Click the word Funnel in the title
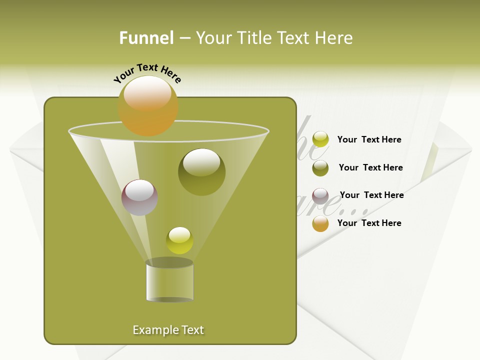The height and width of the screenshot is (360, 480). [146, 38]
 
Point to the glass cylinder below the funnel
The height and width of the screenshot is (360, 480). [169, 282]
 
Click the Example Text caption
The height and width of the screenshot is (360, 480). [168, 330]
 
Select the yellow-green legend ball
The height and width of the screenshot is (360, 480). [320, 139]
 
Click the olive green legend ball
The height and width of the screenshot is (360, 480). [320, 168]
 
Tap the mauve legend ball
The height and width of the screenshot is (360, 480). [320, 196]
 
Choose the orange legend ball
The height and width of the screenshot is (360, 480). [320, 223]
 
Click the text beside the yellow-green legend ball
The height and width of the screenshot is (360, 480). [369, 139]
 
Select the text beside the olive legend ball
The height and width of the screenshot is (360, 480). [370, 167]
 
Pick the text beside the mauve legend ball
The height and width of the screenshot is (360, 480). [371, 195]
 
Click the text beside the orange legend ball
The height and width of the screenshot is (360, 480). [369, 223]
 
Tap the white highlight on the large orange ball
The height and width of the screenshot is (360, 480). [147, 93]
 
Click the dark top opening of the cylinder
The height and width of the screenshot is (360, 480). [169, 262]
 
